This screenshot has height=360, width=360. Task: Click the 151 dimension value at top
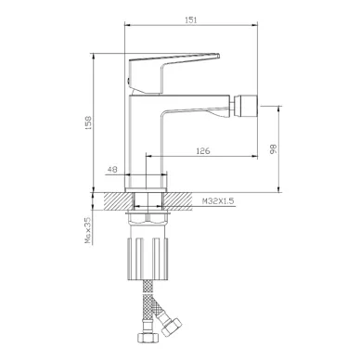click(191, 20)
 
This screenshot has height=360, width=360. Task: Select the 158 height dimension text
click(88, 122)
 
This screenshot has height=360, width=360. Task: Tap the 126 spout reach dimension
click(203, 151)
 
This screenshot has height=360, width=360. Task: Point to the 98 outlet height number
click(274, 149)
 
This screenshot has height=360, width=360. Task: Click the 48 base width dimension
click(112, 170)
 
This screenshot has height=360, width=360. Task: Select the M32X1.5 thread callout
click(218, 201)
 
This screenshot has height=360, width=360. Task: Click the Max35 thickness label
click(88, 230)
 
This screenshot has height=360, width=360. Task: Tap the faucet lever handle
click(174, 73)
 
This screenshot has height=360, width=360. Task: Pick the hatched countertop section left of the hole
click(119, 201)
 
